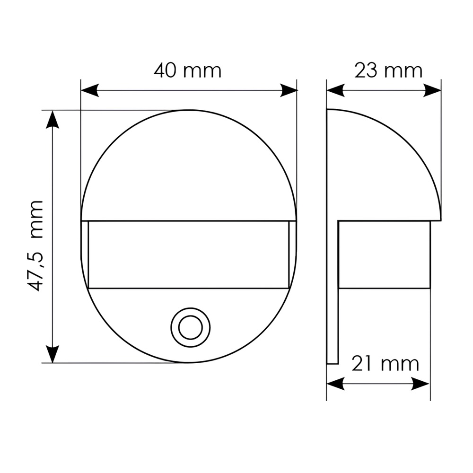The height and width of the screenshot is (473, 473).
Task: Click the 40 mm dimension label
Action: point(187,70)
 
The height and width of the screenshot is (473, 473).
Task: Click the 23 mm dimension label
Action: point(388,70)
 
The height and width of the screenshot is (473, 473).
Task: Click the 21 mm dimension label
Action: point(385,364)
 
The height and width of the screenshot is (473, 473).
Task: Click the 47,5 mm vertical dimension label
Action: point(35,245)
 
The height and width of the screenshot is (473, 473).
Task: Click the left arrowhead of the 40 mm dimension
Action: point(90,90)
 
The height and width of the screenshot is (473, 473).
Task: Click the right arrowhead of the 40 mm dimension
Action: point(289,90)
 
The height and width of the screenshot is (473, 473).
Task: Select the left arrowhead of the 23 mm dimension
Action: point(335,90)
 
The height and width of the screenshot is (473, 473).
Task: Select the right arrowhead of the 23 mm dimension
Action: point(432,90)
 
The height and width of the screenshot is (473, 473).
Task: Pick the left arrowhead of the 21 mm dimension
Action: point(335,384)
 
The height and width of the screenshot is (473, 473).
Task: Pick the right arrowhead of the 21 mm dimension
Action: point(421,384)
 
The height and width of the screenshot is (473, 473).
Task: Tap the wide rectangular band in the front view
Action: point(188,254)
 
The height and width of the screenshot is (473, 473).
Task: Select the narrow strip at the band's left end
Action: point(85,254)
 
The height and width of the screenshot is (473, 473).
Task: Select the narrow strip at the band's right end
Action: point(292,254)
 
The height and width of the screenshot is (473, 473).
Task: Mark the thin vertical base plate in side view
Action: point(332,284)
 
